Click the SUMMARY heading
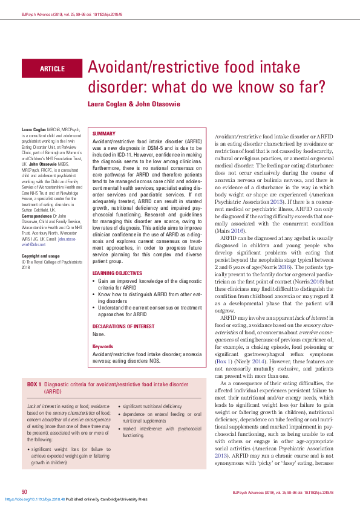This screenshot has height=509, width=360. coord(103,133)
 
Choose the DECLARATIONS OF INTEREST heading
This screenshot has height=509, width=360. coord(124,310)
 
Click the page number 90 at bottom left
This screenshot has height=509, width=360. coord(25,491)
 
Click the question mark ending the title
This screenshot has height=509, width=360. coord(321,85)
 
